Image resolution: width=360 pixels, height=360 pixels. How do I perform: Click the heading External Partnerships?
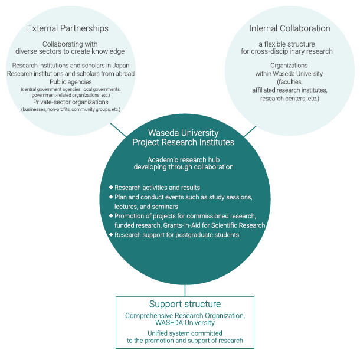[x=68, y=28]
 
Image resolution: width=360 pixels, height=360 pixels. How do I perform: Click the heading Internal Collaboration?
[x=290, y=28]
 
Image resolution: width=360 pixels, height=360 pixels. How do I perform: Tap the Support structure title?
[x=185, y=304]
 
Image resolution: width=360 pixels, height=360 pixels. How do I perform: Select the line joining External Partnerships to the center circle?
[x=118, y=130]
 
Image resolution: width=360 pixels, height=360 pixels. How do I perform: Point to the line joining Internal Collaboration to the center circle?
[x=250, y=132]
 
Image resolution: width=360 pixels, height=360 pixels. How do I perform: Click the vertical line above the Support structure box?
[x=185, y=291]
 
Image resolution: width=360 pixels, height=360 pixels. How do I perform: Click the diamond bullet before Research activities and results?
[x=111, y=187]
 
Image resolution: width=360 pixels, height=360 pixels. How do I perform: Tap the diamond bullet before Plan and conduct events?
[x=111, y=197]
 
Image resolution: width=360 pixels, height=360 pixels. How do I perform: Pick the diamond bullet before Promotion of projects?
[x=111, y=215]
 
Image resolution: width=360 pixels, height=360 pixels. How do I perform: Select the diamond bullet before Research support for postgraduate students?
[x=111, y=234]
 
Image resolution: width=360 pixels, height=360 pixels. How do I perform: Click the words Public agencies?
[x=71, y=82]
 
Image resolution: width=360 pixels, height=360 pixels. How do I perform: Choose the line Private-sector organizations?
[x=71, y=102]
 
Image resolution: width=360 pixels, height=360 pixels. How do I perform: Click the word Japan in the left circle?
[x=121, y=66]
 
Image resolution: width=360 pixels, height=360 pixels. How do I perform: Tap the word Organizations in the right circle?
[x=289, y=66]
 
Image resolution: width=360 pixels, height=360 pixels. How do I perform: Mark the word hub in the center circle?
[x=214, y=160]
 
